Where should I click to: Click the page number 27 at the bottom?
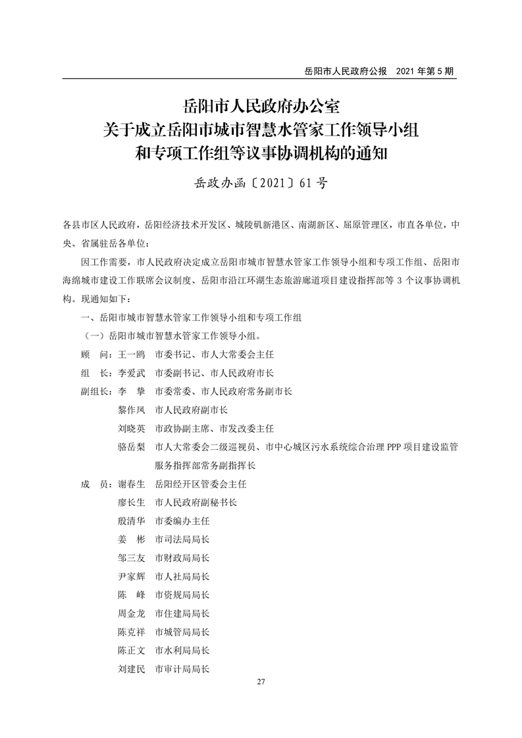[x=261, y=681]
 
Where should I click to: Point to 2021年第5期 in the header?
[x=426, y=70]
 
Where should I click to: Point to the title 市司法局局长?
[x=182, y=539]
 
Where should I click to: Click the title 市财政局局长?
[x=182, y=558]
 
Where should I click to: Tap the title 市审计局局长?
[x=182, y=669]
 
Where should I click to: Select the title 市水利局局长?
[x=182, y=651]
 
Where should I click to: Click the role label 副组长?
[x=94, y=391]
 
